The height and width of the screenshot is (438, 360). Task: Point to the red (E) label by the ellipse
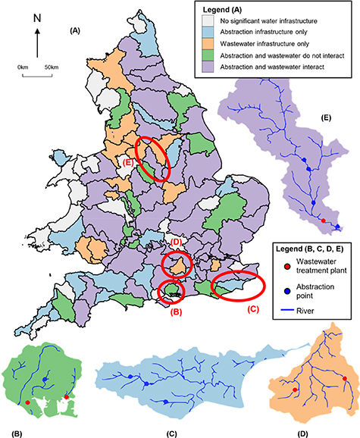pos(128,161)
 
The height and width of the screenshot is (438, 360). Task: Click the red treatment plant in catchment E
pos(324,221)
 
